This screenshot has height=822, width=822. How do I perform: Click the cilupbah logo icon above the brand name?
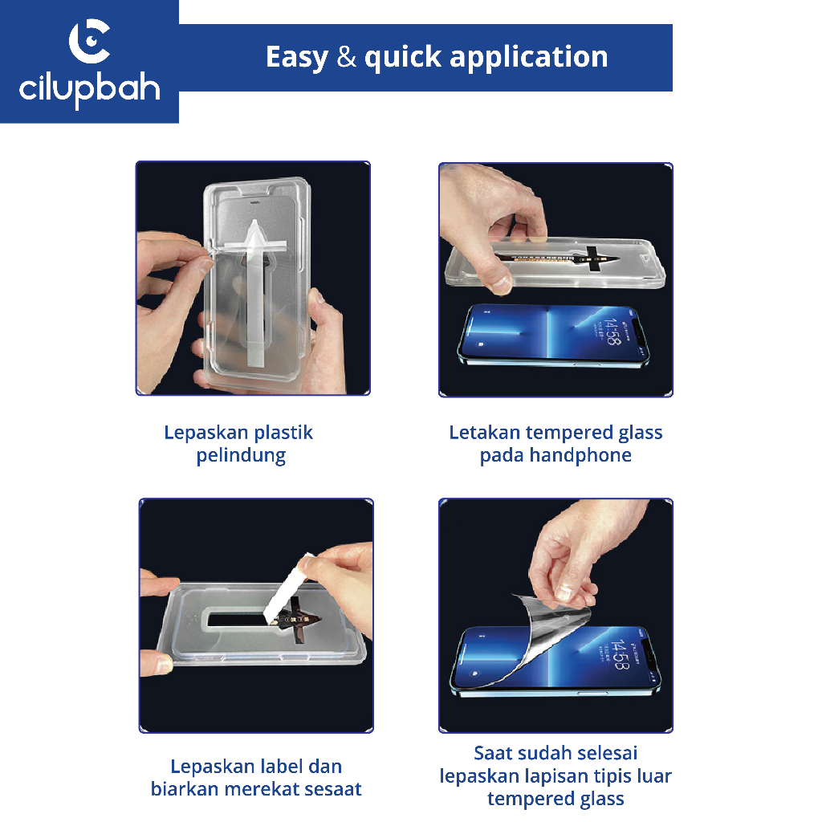pos(90,41)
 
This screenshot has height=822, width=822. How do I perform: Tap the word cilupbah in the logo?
pos(90,90)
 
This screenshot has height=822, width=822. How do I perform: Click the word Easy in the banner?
pos(297,58)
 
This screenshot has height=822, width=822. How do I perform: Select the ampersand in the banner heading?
pos(347,57)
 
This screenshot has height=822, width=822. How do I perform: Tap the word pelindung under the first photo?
pos(241,456)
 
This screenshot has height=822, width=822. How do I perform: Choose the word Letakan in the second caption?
pos(485,433)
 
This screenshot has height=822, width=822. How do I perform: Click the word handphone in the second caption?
pos(580,455)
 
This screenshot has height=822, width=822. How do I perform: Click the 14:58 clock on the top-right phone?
pos(612,332)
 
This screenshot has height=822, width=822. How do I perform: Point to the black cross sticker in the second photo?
pos(593,259)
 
